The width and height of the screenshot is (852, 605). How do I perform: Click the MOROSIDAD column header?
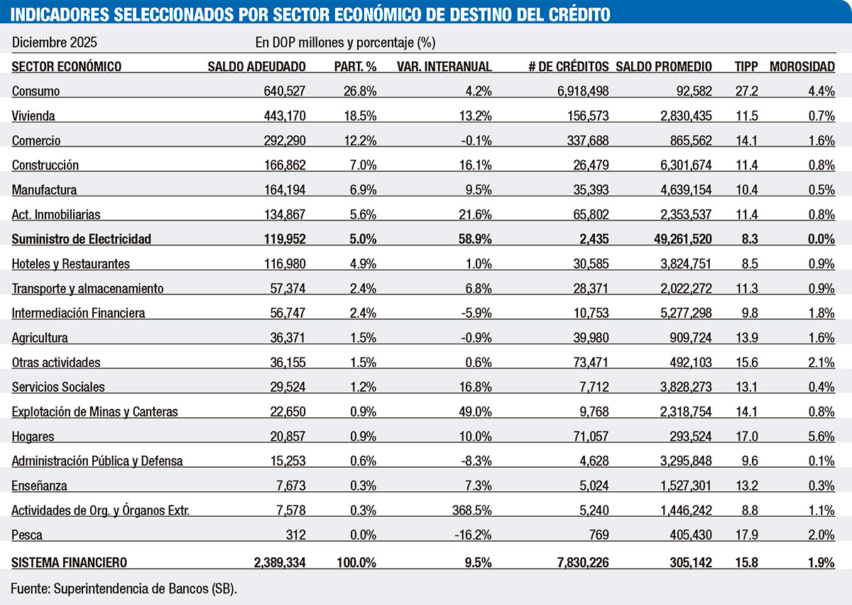(x=802, y=66)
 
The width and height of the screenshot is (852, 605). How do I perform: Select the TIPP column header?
(x=746, y=66)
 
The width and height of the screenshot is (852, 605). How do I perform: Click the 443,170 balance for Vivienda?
(x=285, y=116)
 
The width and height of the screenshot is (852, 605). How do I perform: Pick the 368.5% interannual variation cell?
(x=471, y=510)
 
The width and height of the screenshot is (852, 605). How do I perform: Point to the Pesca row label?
(x=28, y=535)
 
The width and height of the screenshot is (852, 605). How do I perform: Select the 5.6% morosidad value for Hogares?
(x=821, y=436)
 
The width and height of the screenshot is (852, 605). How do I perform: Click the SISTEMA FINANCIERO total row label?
(x=70, y=562)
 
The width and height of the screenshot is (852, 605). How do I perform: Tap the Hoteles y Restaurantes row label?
(x=71, y=264)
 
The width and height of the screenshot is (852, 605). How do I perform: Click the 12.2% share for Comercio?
(x=361, y=141)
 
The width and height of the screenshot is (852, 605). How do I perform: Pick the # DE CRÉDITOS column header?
(x=568, y=66)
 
